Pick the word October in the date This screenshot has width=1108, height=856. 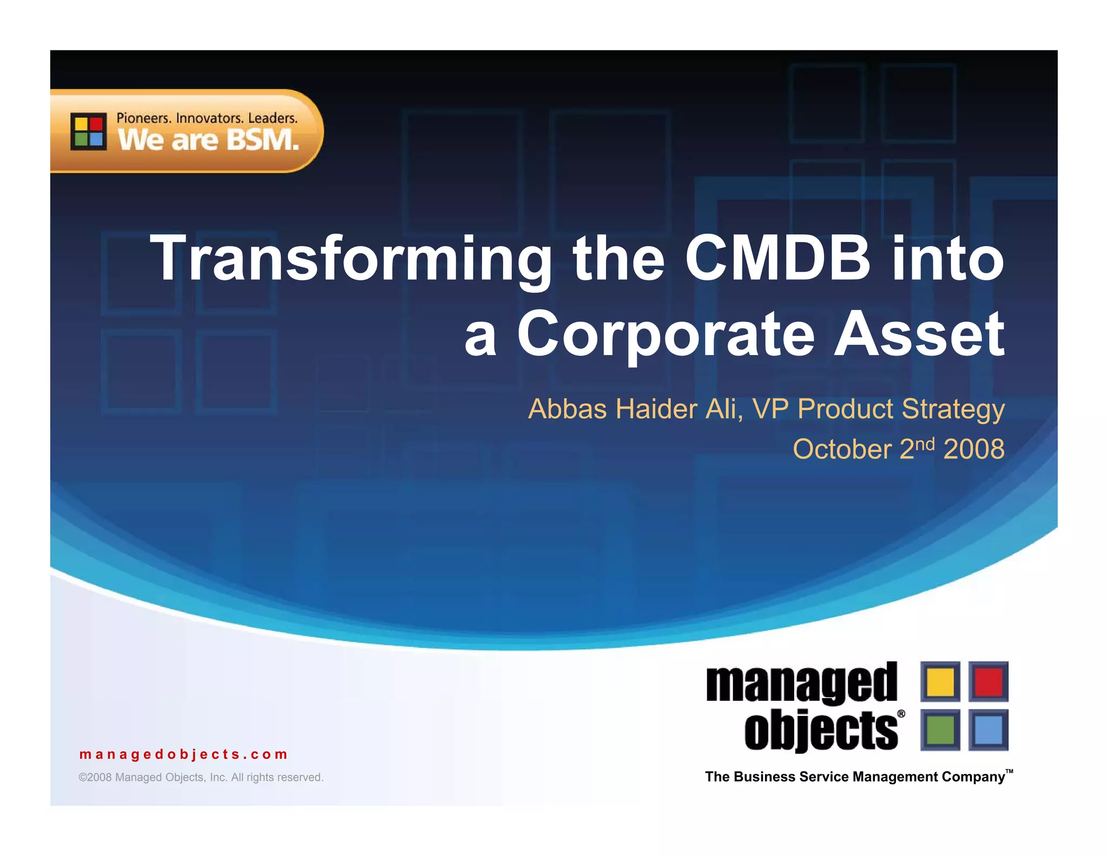click(842, 450)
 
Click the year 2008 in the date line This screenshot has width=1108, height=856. click(974, 449)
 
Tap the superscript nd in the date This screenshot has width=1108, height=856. click(925, 444)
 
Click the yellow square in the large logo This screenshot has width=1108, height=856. click(940, 682)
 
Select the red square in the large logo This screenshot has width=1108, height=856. click(988, 682)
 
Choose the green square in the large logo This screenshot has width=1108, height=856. click(940, 729)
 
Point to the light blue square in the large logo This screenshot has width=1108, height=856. click(988, 729)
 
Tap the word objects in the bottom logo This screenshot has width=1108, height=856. click(821, 730)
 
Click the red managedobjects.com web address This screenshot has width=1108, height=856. click(183, 754)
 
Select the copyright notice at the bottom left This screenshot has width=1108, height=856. click(201, 778)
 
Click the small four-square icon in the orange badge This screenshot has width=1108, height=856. click(89, 131)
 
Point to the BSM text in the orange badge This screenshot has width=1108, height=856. click(262, 140)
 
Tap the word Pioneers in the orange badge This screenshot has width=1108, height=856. click(144, 118)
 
